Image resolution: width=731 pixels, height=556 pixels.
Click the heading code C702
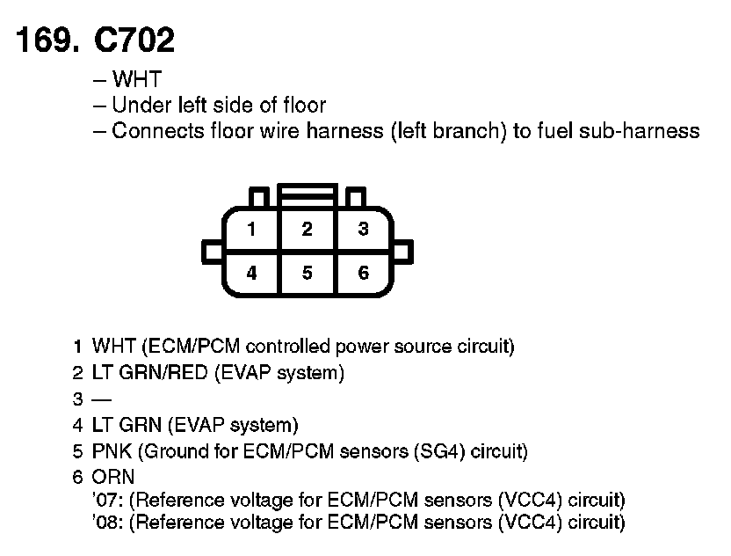tap(132, 41)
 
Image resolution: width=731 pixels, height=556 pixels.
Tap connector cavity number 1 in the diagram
tap(251, 230)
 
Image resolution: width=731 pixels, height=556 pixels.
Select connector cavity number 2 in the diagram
tap(307, 230)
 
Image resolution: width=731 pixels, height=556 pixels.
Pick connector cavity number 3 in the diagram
tap(363, 230)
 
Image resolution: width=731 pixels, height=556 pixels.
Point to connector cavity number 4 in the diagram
tap(251, 273)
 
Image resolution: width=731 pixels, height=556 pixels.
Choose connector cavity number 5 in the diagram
tap(307, 273)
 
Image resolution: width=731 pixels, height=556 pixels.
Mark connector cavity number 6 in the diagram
tap(363, 273)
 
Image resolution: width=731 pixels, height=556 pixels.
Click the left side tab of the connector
tap(213, 252)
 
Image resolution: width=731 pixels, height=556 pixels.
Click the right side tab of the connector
tap(402, 252)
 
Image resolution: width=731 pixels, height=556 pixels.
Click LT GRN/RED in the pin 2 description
tap(149, 373)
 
